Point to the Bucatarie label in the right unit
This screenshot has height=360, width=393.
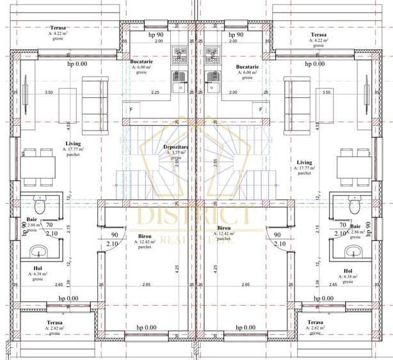click(246, 67)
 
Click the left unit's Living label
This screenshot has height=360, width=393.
click(72, 144)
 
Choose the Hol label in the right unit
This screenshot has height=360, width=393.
click(348, 270)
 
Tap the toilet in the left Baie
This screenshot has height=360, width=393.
click(40, 207)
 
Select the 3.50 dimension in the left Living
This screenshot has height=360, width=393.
click(48, 93)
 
